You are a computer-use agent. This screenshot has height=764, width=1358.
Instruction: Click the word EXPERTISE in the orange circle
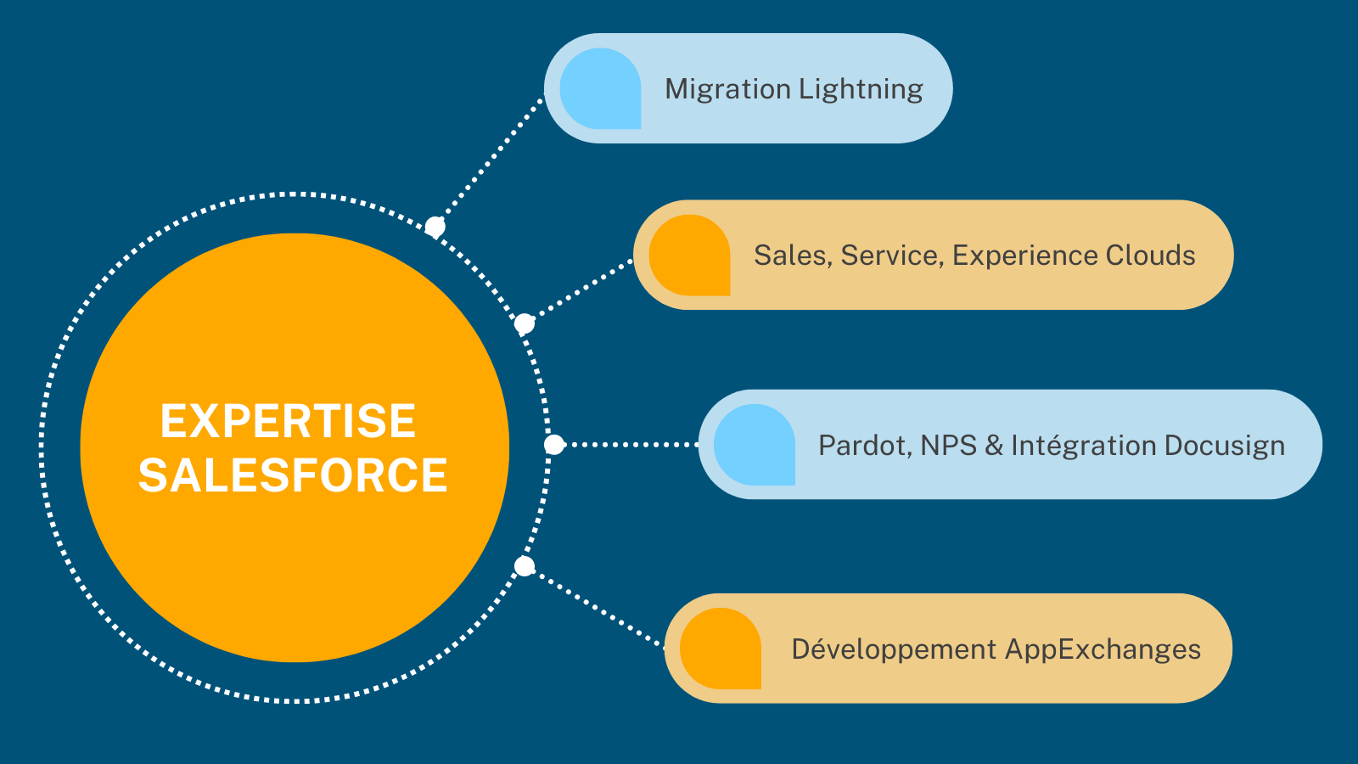(288, 421)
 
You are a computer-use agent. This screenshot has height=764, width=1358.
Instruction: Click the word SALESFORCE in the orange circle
(293, 475)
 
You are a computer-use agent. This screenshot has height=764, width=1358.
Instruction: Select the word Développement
(893, 649)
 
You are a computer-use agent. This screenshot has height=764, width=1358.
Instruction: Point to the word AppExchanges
(1103, 649)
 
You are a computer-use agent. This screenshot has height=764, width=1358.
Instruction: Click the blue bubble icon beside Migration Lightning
(601, 89)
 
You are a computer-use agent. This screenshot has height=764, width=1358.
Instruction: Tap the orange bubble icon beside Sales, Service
(690, 256)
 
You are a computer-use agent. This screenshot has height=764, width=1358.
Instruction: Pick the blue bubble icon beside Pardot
(755, 445)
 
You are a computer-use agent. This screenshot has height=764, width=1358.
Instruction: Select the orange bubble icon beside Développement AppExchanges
(721, 649)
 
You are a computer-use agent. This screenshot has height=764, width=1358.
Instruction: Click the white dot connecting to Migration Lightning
(435, 227)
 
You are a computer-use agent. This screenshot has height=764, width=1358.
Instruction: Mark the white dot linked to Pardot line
(553, 444)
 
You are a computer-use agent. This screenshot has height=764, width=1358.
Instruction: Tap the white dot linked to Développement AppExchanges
(525, 566)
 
